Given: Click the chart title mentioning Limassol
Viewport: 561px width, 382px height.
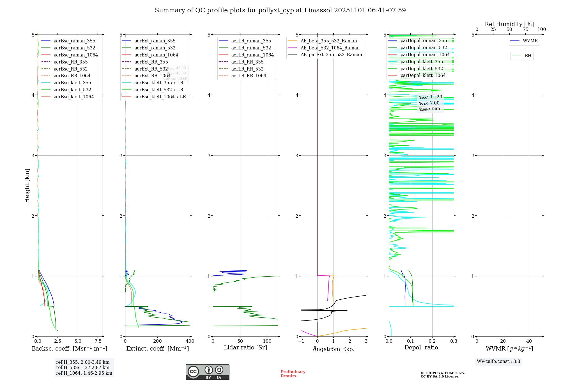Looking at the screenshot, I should [280, 10].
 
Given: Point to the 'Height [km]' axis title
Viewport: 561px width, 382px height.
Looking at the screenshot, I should [27, 185].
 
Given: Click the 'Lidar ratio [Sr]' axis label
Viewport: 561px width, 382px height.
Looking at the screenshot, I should [245, 347].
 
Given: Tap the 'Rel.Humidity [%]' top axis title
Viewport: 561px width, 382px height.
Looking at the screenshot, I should [509, 24].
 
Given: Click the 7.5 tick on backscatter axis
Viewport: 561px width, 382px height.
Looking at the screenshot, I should [98, 341].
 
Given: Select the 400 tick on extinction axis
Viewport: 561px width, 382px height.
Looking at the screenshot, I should [190, 341].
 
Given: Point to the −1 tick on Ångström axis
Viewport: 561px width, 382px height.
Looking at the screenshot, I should [301, 341].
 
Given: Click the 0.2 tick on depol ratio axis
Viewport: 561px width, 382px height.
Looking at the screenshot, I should [432, 341].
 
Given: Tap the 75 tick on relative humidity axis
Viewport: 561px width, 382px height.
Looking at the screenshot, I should [526, 29].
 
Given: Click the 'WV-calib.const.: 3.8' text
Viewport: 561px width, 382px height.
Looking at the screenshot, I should [498, 361].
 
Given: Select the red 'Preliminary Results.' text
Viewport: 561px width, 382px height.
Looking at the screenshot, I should [293, 374].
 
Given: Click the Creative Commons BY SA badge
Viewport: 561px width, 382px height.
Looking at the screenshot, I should [207, 372].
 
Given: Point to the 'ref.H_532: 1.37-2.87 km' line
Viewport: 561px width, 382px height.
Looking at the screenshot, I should [83, 367].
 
